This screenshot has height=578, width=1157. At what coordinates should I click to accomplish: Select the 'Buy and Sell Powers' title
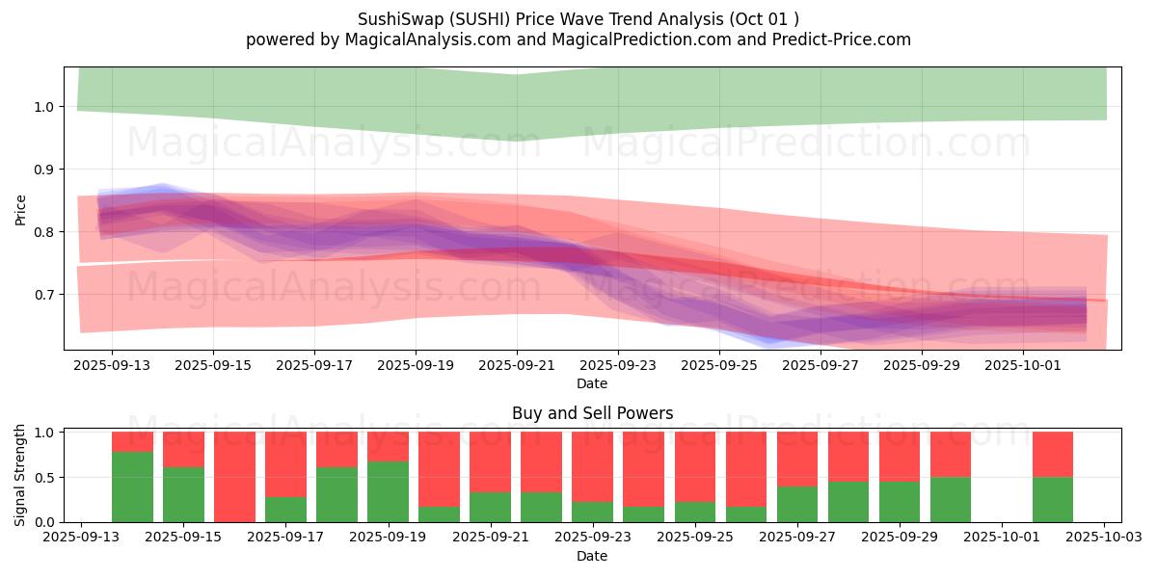[x=593, y=413]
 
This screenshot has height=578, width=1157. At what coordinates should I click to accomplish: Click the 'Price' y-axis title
[x=21, y=209]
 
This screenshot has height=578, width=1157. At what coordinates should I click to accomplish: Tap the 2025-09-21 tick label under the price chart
[x=517, y=366]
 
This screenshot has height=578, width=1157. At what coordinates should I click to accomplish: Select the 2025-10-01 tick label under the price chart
[x=1024, y=366]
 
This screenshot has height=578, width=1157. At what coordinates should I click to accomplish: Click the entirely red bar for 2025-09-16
[x=234, y=477]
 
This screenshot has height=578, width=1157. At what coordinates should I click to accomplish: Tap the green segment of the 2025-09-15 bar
[x=183, y=494]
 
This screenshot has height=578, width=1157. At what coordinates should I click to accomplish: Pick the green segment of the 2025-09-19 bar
[x=388, y=491]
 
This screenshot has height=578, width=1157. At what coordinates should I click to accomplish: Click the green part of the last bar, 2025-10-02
[x=1052, y=500]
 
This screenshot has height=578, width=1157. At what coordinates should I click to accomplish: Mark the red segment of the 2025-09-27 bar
[x=796, y=459]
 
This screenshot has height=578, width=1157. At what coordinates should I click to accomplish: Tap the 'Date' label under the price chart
[x=592, y=383]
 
